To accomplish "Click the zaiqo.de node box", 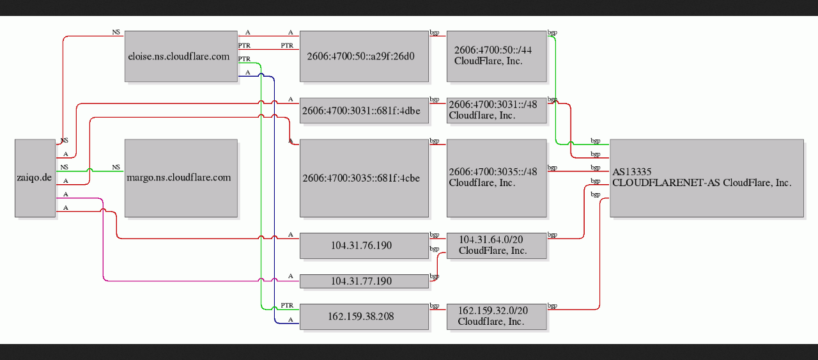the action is [35, 178].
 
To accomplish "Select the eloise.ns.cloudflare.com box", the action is [181, 56].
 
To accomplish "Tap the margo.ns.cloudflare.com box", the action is [181, 178].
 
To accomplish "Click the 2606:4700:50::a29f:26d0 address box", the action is [364, 56].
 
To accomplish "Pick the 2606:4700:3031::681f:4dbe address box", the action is [364, 111].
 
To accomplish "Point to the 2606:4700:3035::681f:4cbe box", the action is [364, 178].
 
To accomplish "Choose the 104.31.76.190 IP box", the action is [364, 246].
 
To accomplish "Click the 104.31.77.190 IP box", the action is [364, 281].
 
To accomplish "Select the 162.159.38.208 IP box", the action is [364, 317].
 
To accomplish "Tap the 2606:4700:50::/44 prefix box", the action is [497, 56].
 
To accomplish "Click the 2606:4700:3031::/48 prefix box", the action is [497, 111].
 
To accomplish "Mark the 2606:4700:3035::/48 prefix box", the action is [497, 178].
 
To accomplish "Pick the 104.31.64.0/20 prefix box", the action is [497, 246].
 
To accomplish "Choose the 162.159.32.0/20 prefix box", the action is [497, 317].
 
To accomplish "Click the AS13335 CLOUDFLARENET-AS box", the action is [707, 178].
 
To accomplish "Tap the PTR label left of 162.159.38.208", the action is [287, 305].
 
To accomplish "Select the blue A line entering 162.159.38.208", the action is [274, 200].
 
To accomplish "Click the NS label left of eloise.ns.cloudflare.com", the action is [116, 32].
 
